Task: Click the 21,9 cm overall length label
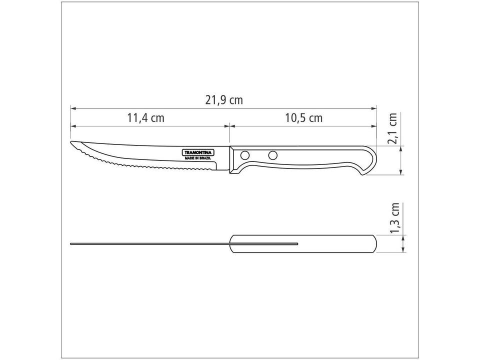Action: click(223, 100)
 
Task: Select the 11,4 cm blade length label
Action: click(145, 118)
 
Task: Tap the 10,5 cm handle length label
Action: click(303, 118)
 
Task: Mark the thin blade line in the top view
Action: click(150, 244)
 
